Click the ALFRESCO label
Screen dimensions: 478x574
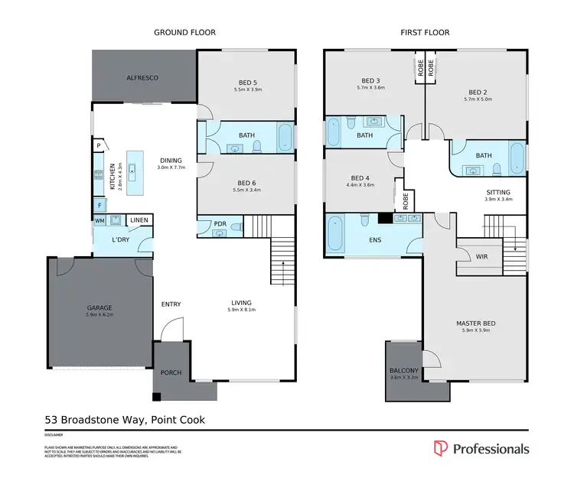click(143, 78)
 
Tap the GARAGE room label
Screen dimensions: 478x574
click(99, 308)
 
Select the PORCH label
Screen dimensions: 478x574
click(171, 372)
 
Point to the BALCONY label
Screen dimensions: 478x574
click(404, 370)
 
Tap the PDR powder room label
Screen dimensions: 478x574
click(220, 224)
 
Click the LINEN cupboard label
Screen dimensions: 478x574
click(139, 221)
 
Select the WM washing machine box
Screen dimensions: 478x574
click(99, 221)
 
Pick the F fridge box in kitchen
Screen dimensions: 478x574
click(99, 205)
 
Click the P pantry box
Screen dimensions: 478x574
click(99, 145)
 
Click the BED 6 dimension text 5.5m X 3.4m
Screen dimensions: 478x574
click(246, 189)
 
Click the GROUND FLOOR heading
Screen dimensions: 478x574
click(184, 33)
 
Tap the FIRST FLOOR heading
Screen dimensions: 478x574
click(425, 33)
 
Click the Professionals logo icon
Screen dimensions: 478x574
click(440, 449)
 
